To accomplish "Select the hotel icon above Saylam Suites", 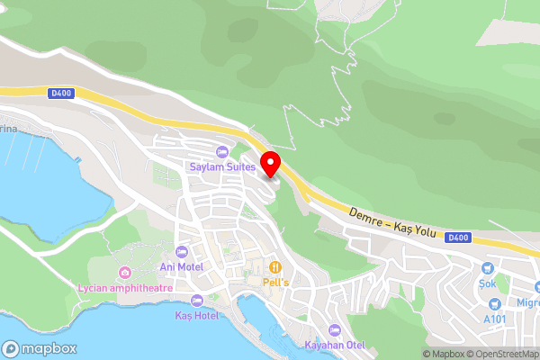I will (x=222, y=151).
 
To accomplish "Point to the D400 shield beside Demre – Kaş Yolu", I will (x=458, y=238).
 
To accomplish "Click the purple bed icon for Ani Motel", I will (x=183, y=251).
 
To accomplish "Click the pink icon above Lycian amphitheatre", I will (x=124, y=272).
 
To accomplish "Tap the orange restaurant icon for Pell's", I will (x=275, y=266).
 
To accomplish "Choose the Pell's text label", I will (x=275, y=282).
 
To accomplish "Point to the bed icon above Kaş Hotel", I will (x=196, y=301).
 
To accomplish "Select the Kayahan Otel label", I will (x=335, y=345).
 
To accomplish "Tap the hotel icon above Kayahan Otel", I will (x=335, y=329).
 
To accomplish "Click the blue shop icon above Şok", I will (x=487, y=267).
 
